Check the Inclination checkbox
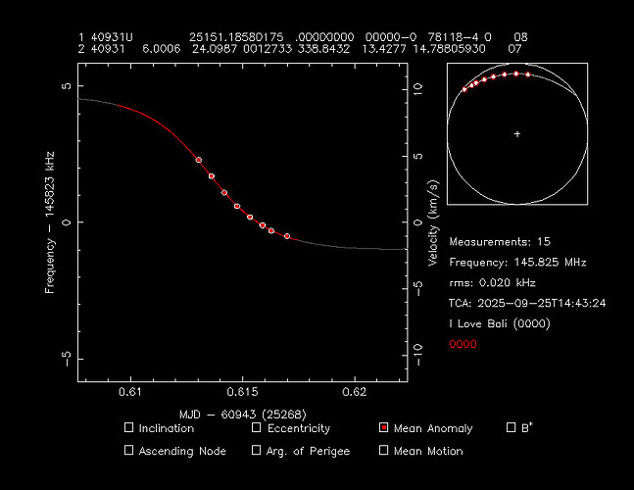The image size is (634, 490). click(x=129, y=428)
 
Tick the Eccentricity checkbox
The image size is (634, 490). click(x=257, y=428)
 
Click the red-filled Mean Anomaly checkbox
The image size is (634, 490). click(x=384, y=428)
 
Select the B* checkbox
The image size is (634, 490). click(x=511, y=427)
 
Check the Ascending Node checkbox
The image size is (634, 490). click(x=129, y=451)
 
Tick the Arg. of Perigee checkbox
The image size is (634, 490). click(x=257, y=451)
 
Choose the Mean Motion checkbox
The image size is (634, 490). click(x=384, y=451)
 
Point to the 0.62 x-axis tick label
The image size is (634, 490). click(x=354, y=393)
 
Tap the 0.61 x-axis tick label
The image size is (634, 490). click(x=128, y=393)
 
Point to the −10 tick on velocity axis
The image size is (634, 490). click(x=416, y=349)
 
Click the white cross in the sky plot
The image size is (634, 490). click(x=517, y=133)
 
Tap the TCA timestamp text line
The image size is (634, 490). click(x=527, y=303)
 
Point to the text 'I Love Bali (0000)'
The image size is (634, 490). click(x=500, y=323)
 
